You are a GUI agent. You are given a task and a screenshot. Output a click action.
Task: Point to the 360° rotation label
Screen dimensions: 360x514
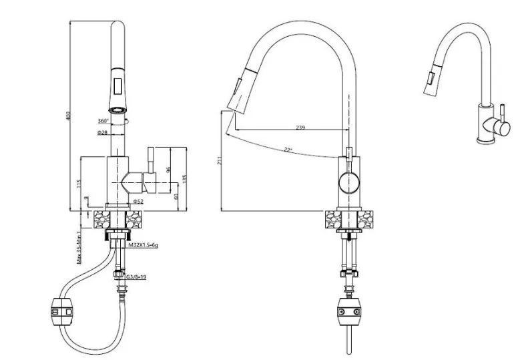click(x=103, y=121)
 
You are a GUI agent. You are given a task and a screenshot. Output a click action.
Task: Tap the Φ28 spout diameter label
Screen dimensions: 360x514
click(x=102, y=132)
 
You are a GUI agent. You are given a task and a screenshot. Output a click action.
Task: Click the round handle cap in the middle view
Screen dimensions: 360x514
click(x=348, y=180)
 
